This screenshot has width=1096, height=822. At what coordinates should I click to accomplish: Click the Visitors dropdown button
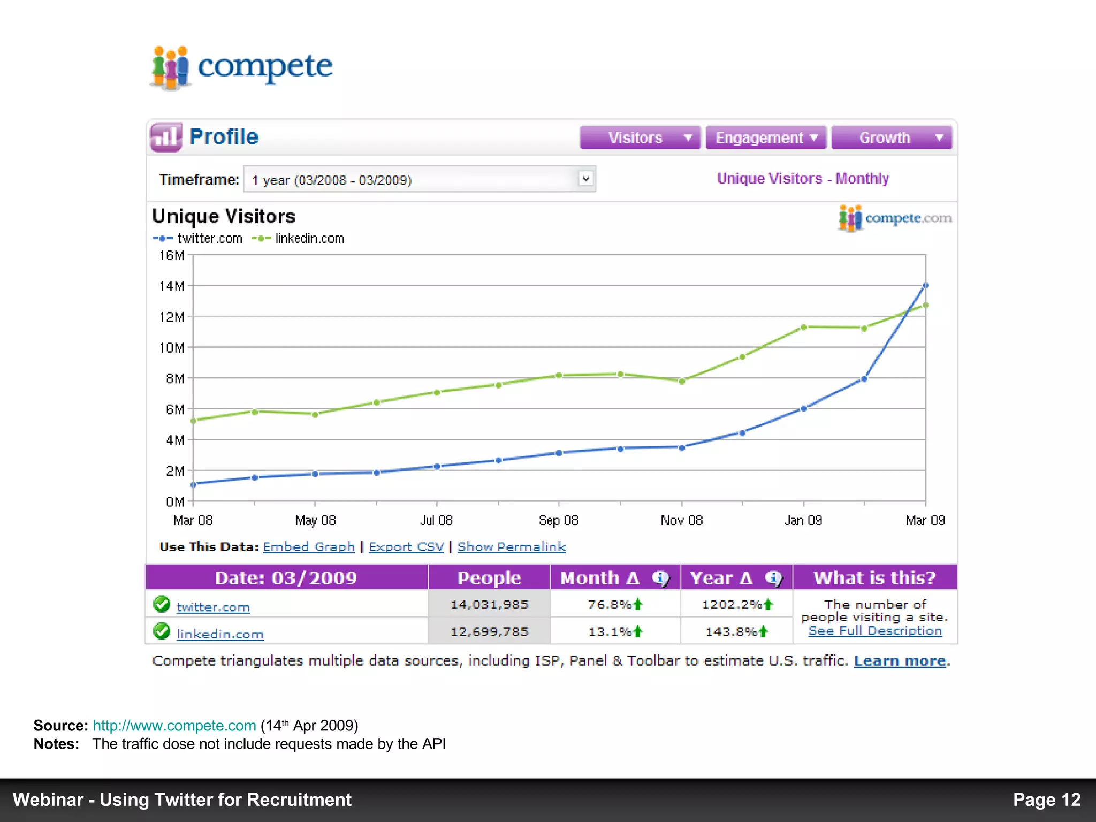640,138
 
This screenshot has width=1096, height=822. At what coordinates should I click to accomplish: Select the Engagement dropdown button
766,138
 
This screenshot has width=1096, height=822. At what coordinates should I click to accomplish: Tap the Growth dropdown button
892,138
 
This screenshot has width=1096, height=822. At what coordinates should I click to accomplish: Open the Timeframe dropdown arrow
586,179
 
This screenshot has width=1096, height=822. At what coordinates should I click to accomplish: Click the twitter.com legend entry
198,239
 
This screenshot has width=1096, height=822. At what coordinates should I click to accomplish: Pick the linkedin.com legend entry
299,239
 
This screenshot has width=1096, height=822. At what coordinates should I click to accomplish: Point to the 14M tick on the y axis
172,286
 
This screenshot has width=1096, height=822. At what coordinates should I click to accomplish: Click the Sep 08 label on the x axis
558,520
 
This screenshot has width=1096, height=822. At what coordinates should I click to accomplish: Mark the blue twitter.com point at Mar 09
926,286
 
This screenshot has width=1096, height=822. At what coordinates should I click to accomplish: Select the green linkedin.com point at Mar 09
926,306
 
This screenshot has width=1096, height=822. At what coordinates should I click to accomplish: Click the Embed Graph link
309,547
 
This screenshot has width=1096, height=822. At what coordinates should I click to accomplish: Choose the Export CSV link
406,547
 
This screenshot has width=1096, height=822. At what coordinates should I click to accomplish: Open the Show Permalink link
511,547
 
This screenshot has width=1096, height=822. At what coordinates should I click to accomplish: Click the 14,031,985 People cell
489,605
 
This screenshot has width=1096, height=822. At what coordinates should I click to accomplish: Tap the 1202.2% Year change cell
736,605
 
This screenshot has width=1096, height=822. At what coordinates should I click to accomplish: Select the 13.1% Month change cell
615,632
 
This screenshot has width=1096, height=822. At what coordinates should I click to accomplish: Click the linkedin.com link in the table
220,634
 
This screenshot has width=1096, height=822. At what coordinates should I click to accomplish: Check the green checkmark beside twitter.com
162,604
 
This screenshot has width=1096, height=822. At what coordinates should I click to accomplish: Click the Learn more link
900,661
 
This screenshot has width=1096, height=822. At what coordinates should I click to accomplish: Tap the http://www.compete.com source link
174,726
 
